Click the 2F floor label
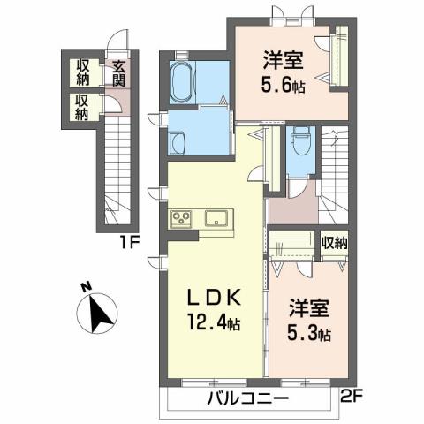click(x=351, y=397)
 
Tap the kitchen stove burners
click(x=183, y=218)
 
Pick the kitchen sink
click(x=217, y=218)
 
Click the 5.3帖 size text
click(x=309, y=335)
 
